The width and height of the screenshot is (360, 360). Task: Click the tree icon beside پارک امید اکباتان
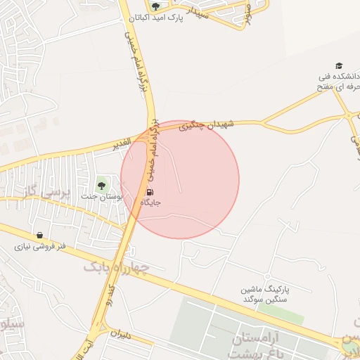tap(155, 6)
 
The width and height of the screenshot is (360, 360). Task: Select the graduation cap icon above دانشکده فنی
tap(339, 65)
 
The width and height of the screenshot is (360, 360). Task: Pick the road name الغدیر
tap(122, 145)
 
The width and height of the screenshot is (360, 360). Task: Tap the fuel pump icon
tap(151, 192)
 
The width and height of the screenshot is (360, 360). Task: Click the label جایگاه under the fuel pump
tap(151, 202)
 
